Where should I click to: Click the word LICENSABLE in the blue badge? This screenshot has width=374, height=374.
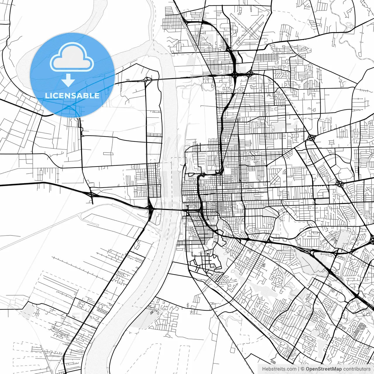72,96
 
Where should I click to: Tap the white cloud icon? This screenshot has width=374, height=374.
72,57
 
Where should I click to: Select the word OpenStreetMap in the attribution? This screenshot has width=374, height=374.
324,369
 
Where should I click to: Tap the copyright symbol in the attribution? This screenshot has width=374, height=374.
303,369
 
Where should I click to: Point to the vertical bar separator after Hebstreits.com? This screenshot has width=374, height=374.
298,369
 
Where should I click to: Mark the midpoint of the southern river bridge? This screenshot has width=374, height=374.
169,209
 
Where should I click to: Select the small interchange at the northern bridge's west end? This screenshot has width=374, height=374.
147,79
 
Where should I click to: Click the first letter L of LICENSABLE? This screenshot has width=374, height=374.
47,96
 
